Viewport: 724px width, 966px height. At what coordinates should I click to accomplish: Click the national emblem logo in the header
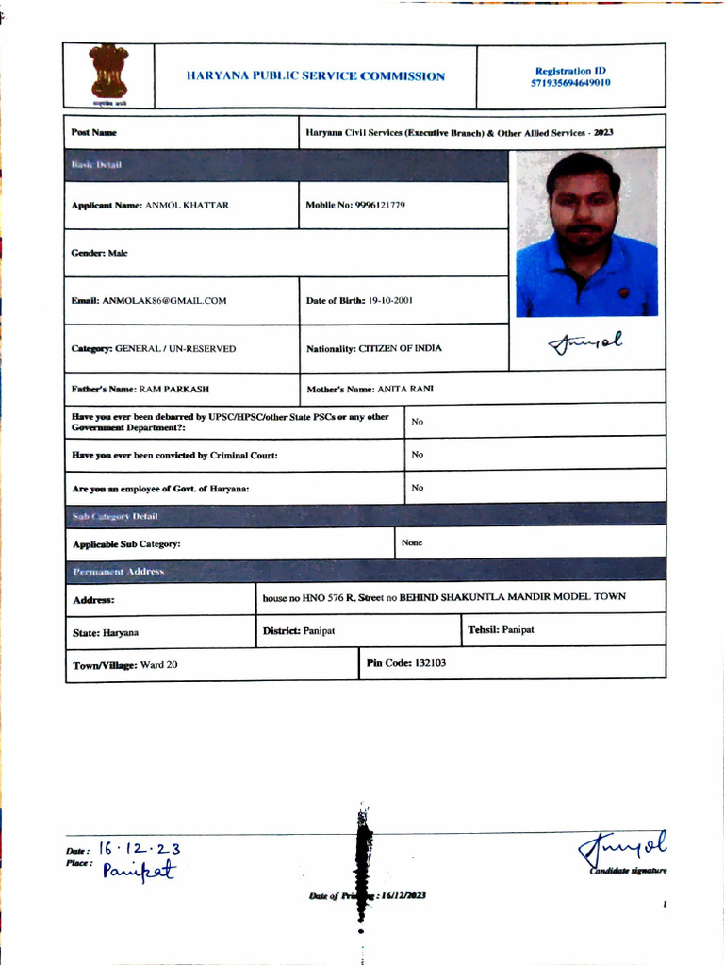click(x=109, y=75)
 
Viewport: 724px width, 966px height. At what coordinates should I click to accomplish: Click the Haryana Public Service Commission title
click(x=316, y=76)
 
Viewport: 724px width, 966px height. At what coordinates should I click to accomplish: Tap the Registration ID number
click(x=570, y=83)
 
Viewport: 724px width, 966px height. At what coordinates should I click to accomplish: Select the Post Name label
click(x=94, y=133)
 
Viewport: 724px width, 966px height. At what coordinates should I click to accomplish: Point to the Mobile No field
click(x=355, y=205)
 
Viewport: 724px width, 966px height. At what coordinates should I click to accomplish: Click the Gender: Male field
click(x=99, y=253)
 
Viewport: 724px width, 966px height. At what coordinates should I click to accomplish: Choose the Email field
click(x=149, y=301)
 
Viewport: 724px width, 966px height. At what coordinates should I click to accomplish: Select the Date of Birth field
click(x=359, y=301)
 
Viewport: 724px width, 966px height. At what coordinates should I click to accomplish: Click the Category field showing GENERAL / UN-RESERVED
click(x=154, y=349)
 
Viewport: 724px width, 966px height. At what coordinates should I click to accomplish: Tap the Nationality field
click(x=373, y=349)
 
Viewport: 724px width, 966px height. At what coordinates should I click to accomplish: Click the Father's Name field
click(x=140, y=389)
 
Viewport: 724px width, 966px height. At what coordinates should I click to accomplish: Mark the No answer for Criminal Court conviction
click(x=418, y=455)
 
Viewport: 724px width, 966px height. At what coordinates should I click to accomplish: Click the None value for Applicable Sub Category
click(x=412, y=542)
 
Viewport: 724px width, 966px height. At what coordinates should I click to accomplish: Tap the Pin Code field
click(x=406, y=663)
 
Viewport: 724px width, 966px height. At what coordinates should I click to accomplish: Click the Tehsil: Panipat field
click(x=501, y=629)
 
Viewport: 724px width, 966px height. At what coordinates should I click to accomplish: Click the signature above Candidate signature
click(x=621, y=847)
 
